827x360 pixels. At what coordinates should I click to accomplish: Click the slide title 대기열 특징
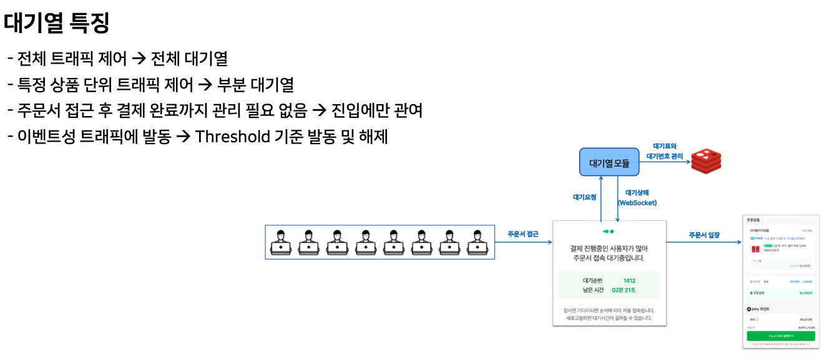[57, 23]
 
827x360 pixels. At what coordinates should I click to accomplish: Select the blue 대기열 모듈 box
[609, 163]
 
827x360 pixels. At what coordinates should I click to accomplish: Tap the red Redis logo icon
[706, 162]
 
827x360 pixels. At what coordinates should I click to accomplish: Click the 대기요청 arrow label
[584, 197]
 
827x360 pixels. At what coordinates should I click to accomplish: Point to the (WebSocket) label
[637, 203]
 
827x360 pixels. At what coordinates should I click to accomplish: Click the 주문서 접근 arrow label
[523, 235]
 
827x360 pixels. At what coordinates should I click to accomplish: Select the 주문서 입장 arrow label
[704, 235]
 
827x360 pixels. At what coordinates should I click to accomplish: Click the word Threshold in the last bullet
[232, 137]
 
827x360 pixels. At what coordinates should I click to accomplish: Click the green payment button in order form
[781, 336]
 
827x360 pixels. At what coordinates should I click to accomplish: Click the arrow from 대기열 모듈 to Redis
[665, 163]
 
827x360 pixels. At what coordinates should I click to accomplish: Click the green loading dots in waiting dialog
[609, 231]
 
